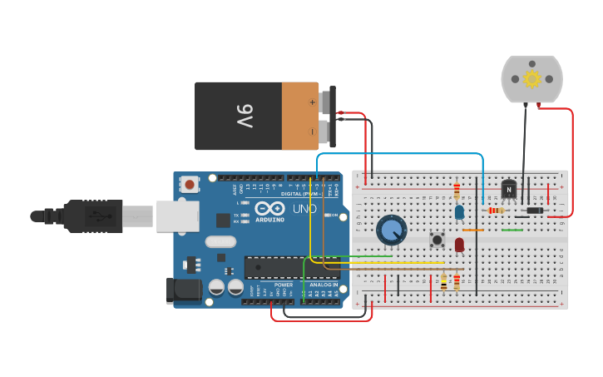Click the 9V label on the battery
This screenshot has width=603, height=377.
(x=245, y=115)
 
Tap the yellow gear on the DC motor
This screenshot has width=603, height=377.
(x=531, y=78)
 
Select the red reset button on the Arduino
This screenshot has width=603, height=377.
(x=190, y=184)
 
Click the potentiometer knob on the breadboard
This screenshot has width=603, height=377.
(x=391, y=231)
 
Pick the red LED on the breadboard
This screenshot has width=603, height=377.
(x=459, y=244)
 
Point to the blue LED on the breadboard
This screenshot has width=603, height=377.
(x=459, y=213)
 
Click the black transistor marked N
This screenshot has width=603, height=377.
(x=508, y=190)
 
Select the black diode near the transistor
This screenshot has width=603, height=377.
(x=534, y=211)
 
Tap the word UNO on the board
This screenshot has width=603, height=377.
(x=304, y=208)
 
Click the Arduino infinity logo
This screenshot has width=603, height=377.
(x=269, y=209)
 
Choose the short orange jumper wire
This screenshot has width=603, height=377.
(x=472, y=230)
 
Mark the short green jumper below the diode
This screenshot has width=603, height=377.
(x=512, y=230)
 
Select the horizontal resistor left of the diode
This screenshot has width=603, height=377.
(x=496, y=211)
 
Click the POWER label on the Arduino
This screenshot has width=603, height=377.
(x=284, y=285)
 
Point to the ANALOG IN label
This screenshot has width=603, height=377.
(x=324, y=285)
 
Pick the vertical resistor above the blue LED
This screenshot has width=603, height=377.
(x=457, y=191)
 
